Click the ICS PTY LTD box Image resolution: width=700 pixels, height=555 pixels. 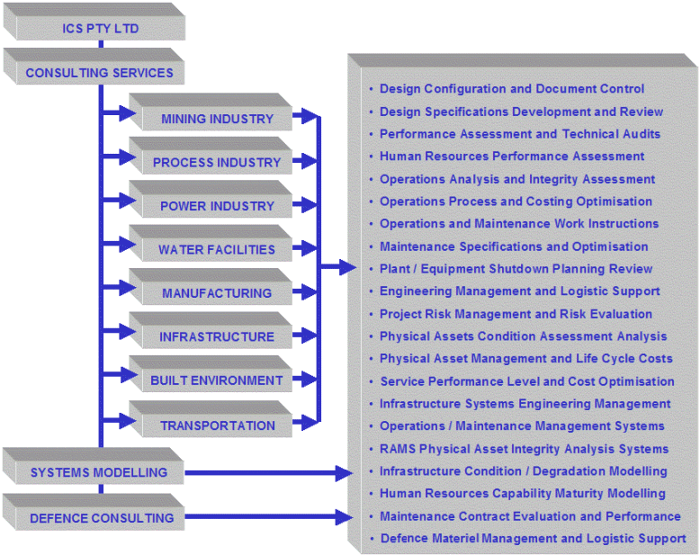pyautogui.click(x=94, y=22)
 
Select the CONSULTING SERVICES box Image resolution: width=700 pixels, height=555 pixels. pyautogui.click(x=94, y=67)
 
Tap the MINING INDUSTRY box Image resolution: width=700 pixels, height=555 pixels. pyautogui.click(x=211, y=112)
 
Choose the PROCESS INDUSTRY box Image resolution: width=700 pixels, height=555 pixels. pyautogui.click(x=211, y=156)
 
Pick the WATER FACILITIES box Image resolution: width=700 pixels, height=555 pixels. pyautogui.click(x=211, y=243)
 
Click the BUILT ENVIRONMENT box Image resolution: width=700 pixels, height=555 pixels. pyautogui.click(x=211, y=374)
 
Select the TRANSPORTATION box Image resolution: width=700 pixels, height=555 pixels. pyautogui.click(x=211, y=419)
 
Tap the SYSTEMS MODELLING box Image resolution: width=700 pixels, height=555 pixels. pyautogui.click(x=94, y=466)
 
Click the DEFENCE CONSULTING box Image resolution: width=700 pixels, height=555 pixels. pyautogui.click(x=94, y=512)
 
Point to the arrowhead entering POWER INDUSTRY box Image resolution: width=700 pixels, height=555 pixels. pyautogui.click(x=128, y=201)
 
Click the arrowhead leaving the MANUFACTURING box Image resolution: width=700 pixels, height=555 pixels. pyautogui.click(x=309, y=292)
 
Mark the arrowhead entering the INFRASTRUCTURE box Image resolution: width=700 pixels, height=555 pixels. pyautogui.click(x=128, y=332)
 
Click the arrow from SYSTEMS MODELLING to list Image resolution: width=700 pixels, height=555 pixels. pyautogui.click(x=269, y=473)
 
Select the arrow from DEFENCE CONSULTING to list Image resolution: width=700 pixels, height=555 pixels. pyautogui.click(x=269, y=517)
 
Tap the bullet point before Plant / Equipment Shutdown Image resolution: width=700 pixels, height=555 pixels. pyautogui.click(x=371, y=269)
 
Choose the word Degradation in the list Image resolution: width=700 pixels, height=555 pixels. pyautogui.click(x=569, y=471)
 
